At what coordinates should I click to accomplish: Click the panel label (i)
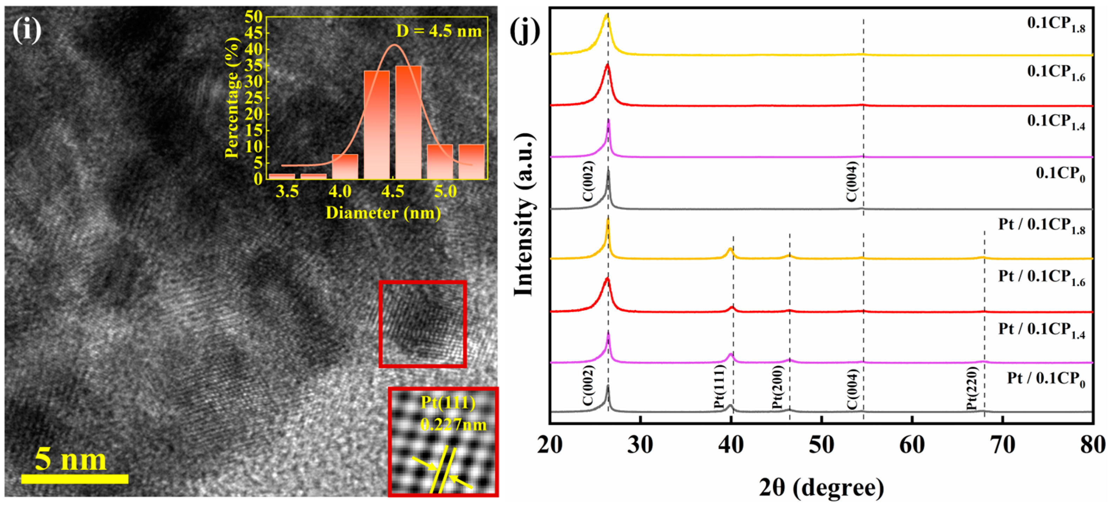pyautogui.click(x=27, y=31)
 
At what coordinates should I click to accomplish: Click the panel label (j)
pyautogui.click(x=525, y=31)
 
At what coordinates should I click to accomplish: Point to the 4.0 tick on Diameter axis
pyautogui.click(x=340, y=191)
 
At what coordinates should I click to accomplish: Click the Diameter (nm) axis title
pyautogui.click(x=383, y=212)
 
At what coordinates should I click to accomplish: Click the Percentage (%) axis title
pyautogui.click(x=232, y=98)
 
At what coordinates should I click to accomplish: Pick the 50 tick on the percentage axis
pyautogui.click(x=254, y=17)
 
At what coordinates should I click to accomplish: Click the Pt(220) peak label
pyautogui.click(x=972, y=389)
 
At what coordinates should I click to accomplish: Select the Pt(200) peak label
pyautogui.click(x=777, y=387)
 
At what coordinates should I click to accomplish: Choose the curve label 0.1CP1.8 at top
pyautogui.click(x=1056, y=25)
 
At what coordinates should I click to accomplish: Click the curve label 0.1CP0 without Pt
pyautogui.click(x=1060, y=174)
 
